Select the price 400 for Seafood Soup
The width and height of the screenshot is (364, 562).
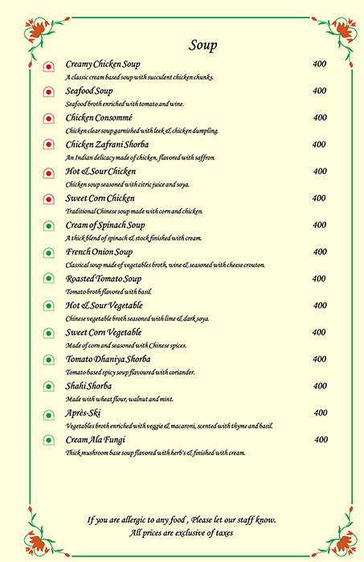[x=319, y=91]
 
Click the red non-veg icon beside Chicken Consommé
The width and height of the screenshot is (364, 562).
[x=48, y=119]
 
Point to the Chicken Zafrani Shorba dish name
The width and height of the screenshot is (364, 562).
[x=107, y=145]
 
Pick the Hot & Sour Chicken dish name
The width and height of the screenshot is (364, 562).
[x=100, y=172]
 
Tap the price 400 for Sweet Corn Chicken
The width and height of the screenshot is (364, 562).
[x=319, y=198]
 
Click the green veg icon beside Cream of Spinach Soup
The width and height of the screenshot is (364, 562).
[x=48, y=226]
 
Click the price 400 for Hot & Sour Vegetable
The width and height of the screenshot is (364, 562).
[x=319, y=305]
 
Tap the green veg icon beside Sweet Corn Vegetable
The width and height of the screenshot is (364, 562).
[x=48, y=333]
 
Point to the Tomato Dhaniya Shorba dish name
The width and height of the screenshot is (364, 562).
[x=108, y=359]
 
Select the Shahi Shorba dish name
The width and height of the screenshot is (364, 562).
[x=89, y=386]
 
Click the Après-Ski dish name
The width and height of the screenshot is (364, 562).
[x=84, y=413]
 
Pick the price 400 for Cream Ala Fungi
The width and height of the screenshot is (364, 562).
[x=321, y=439]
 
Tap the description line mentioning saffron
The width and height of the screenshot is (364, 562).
[x=141, y=157]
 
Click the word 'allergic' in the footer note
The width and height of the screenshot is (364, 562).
[x=136, y=520]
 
